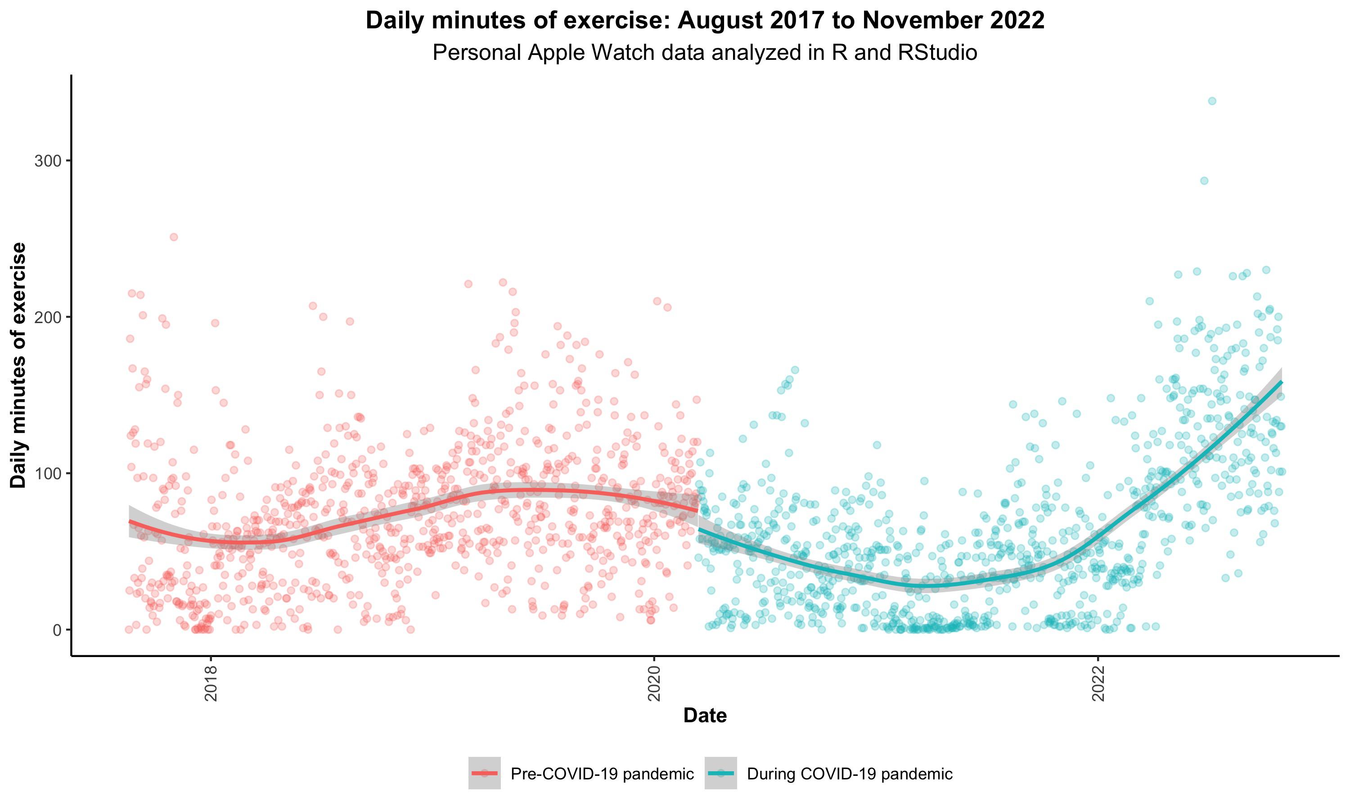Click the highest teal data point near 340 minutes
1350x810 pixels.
1212,101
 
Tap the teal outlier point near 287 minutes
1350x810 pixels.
1204,180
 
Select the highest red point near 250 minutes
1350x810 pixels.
174,237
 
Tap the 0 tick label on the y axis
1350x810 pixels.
57,630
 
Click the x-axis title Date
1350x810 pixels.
704,715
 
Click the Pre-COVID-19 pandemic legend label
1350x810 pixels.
602,774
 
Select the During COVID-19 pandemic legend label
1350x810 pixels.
850,774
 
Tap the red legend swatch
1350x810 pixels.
485,774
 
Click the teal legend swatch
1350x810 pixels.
721,774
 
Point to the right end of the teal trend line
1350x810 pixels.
1281,382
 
